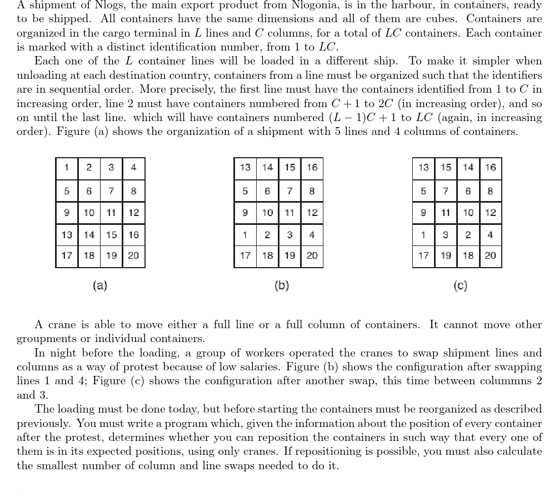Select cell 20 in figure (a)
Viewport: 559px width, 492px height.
coord(133,256)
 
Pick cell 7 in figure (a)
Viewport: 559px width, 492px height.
coord(111,191)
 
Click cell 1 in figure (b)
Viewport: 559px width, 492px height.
coord(245,234)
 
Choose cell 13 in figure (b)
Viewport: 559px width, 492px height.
coord(245,168)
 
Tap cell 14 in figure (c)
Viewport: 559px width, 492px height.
coord(468,168)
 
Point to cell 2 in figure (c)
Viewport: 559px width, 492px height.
coord(468,234)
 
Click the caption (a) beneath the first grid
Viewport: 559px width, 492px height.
coord(100,285)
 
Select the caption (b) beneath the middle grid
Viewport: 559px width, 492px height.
coord(282,285)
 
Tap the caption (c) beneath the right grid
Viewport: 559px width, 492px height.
coord(460,285)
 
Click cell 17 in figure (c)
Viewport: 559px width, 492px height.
coord(423,256)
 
